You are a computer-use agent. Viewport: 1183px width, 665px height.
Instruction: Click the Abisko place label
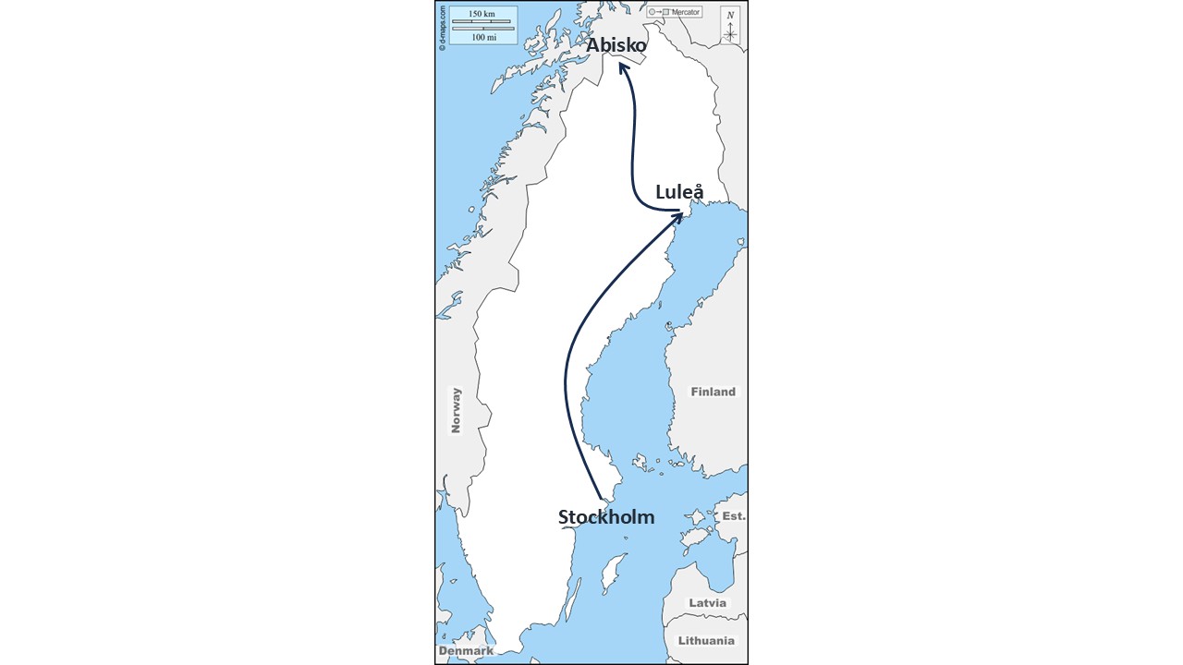tap(616, 44)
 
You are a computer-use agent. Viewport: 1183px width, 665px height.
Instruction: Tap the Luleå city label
tap(679, 192)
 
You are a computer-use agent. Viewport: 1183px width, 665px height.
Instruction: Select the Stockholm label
tap(606, 517)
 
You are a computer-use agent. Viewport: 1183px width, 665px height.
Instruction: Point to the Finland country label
tap(713, 392)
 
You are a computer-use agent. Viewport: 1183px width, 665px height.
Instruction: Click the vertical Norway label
tap(456, 410)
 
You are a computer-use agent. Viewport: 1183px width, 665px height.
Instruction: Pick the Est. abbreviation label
tap(734, 516)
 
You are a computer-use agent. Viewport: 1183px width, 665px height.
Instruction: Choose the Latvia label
tap(708, 603)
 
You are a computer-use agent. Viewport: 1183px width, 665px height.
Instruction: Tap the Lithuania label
tap(707, 640)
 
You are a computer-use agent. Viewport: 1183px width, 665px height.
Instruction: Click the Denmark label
tap(466, 651)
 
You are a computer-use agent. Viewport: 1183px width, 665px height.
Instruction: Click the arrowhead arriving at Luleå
tap(679, 214)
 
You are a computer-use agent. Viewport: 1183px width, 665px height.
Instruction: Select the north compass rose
tap(730, 34)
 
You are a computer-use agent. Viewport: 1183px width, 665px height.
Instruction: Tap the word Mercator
tap(686, 12)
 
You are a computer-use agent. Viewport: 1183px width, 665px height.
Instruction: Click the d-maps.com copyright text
tap(443, 28)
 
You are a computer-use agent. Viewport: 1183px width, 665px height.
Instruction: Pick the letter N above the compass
tap(730, 15)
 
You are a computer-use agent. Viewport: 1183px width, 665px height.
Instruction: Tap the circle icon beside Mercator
tap(652, 12)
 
